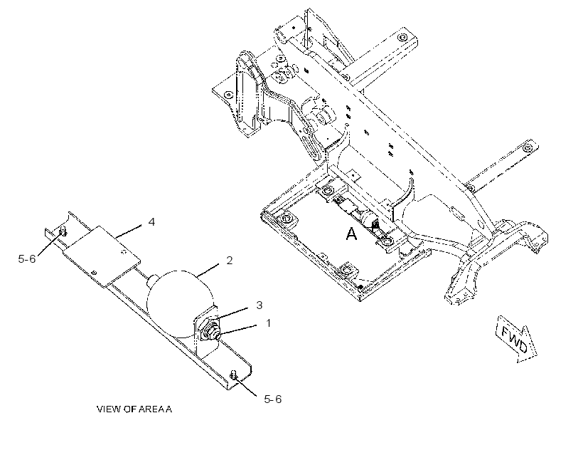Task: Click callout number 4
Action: (x=151, y=222)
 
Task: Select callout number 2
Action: (x=230, y=261)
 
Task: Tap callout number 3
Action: (x=260, y=305)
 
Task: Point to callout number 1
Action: (x=269, y=323)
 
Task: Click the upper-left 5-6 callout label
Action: (x=27, y=258)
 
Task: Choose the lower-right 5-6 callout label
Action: (x=273, y=399)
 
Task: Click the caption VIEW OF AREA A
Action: (x=134, y=409)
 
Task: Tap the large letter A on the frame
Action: (x=351, y=234)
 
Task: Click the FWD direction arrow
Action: (x=517, y=339)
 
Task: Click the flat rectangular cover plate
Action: (x=102, y=256)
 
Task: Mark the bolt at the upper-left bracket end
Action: (x=63, y=231)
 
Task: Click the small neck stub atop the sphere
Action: (x=153, y=281)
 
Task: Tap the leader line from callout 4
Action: (x=128, y=231)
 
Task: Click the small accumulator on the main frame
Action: (x=368, y=218)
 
